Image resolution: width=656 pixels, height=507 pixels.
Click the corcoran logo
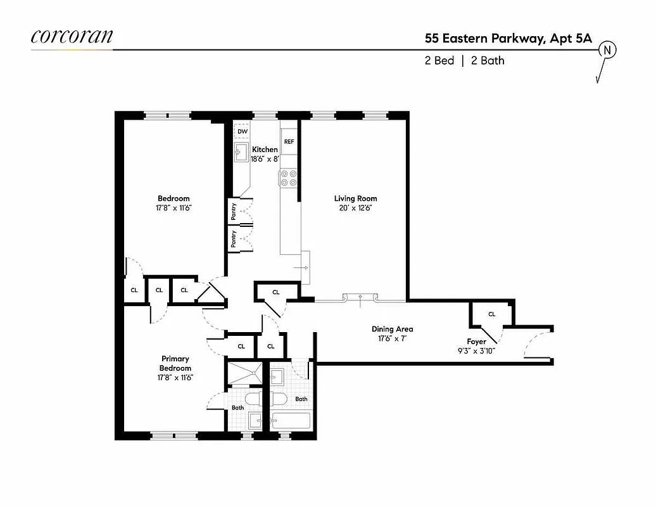coord(72,37)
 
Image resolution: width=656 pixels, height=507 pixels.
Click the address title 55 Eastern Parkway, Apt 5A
coord(508,38)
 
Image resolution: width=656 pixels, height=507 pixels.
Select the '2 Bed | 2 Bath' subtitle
coord(464,61)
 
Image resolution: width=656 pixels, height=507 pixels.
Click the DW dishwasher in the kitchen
coord(242,131)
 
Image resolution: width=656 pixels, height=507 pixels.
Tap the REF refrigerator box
coord(289,141)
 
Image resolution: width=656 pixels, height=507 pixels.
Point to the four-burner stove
coord(289,178)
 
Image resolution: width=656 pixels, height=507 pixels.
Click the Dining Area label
coord(392,329)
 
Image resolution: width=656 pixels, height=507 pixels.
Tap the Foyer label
coord(476,342)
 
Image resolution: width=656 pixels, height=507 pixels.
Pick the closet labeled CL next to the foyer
coord(491,314)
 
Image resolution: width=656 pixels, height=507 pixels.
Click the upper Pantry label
coord(234,212)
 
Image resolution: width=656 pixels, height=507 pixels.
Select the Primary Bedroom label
coord(175,363)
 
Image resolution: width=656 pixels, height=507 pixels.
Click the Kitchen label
coord(265,150)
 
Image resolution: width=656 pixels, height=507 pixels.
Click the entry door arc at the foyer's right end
coord(536,345)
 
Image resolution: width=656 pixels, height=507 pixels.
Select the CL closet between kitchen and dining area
coord(275,292)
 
